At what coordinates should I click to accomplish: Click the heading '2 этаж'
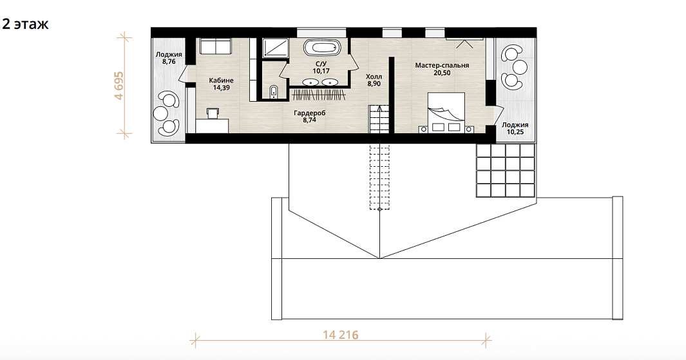(x=25, y=24)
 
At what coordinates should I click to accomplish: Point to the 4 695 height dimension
(x=119, y=86)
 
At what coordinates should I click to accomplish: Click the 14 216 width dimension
(x=340, y=335)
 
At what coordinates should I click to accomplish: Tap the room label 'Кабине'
(x=221, y=81)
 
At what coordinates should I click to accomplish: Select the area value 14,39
(x=221, y=88)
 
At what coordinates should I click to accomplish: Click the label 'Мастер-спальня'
(x=442, y=65)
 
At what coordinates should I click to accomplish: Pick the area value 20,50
(x=442, y=73)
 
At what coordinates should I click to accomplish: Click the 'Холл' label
(x=374, y=77)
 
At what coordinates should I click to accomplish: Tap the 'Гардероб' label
(x=309, y=113)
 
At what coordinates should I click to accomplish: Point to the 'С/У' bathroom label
(x=321, y=63)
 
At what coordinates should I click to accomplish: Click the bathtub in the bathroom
(x=322, y=48)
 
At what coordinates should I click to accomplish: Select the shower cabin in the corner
(x=276, y=48)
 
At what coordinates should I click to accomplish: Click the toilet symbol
(x=274, y=92)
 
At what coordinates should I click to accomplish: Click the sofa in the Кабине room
(x=215, y=46)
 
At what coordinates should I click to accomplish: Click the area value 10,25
(x=515, y=131)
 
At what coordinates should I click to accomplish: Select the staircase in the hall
(x=379, y=119)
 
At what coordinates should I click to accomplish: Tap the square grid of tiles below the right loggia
(x=506, y=171)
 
